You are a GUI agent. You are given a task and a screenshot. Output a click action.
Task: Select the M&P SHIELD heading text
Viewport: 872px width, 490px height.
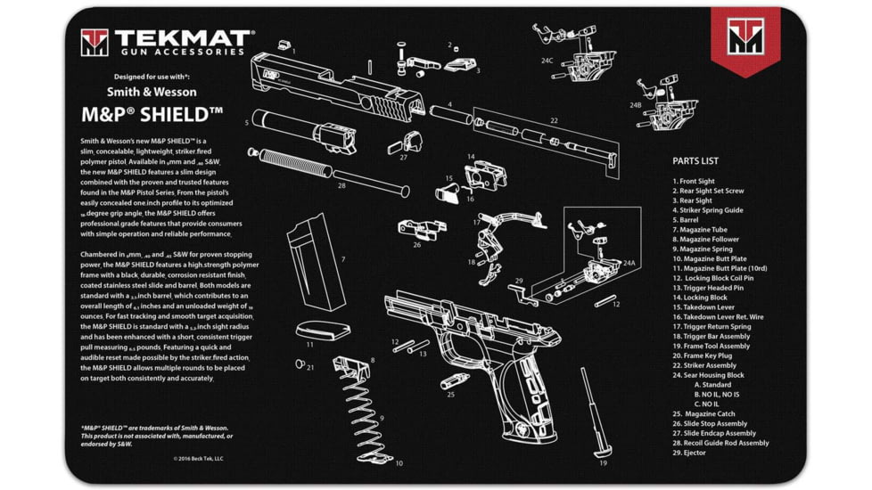152,115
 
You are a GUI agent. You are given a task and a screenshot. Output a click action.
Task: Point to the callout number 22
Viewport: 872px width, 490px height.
554,120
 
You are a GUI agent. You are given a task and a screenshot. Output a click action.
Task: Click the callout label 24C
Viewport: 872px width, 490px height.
547,61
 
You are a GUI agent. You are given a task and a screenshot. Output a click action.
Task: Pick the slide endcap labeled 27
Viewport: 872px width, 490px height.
411,143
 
